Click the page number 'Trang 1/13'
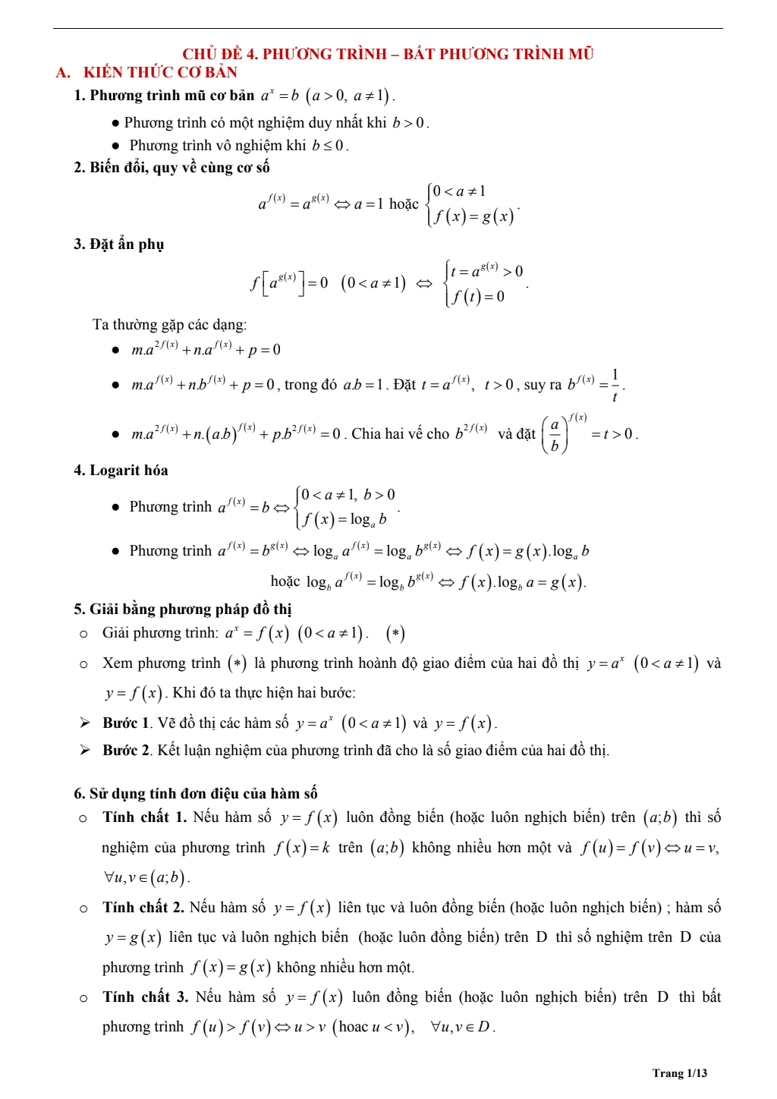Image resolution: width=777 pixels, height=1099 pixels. point(679,1072)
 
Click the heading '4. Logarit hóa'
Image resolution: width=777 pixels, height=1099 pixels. point(121,471)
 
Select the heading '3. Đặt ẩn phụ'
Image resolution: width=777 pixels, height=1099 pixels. point(118,244)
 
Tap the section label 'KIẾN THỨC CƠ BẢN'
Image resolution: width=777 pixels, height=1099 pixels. point(160,73)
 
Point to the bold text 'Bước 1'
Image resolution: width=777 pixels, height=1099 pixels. point(125,723)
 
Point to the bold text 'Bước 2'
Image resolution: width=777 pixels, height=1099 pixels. point(125,751)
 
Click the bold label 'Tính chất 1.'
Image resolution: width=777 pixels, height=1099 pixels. point(144,817)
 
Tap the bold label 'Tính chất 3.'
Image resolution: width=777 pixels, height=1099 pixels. point(145,997)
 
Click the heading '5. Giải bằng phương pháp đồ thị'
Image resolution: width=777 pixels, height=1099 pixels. point(182,609)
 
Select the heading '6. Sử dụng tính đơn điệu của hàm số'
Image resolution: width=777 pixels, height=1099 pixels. point(195,794)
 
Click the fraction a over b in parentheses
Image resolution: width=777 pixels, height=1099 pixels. point(555,435)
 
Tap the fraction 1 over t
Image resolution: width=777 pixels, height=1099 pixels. point(615,386)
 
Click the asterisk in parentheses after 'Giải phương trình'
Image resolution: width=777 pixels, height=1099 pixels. point(395,634)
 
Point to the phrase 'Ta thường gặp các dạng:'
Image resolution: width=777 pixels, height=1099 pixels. point(169,325)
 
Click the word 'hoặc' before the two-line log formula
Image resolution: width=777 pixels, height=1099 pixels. point(285,581)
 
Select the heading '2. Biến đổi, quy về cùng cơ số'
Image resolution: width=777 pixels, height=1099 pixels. point(171,168)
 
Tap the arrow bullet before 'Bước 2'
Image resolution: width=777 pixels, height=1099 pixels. point(85,750)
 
